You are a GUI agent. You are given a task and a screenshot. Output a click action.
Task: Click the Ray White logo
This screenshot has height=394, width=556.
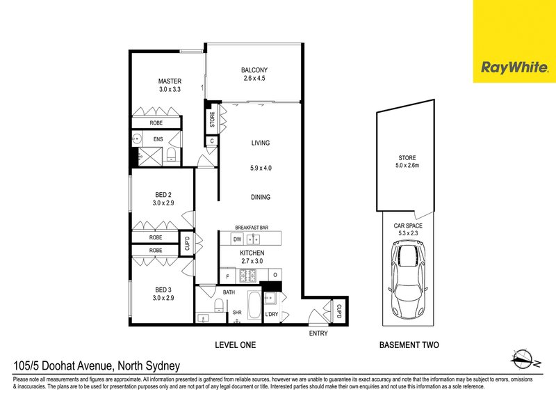(514, 68)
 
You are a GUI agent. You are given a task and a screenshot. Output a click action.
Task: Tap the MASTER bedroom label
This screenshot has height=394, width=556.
(170, 81)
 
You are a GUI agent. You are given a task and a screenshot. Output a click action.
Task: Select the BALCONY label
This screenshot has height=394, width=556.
(254, 70)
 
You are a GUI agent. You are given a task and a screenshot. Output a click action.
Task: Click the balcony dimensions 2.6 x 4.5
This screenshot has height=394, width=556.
(254, 79)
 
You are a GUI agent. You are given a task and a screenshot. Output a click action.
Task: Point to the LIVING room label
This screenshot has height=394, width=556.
(261, 143)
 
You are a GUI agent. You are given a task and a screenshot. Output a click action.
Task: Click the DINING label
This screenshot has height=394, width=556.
(261, 197)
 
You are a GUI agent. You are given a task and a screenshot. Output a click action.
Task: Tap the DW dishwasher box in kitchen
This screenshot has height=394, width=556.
(237, 238)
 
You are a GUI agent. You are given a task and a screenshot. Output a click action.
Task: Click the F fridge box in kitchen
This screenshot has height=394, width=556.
(227, 276)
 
